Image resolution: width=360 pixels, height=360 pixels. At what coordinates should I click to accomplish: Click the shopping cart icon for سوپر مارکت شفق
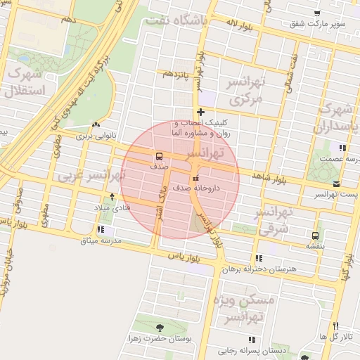(318, 13)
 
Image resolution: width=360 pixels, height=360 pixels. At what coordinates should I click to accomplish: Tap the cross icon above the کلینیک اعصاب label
(201, 112)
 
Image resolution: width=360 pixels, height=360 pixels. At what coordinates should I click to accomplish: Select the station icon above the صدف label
(159, 156)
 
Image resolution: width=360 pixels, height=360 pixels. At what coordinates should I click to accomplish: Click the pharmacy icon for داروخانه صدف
(195, 177)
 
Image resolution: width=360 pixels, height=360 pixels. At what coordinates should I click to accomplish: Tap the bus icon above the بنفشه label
(314, 236)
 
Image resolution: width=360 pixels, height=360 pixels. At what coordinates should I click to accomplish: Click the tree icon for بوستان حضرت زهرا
(160, 327)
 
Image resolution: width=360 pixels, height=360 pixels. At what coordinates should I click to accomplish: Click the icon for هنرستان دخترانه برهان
(259, 259)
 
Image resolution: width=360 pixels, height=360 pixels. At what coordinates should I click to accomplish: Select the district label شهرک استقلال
(25, 82)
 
